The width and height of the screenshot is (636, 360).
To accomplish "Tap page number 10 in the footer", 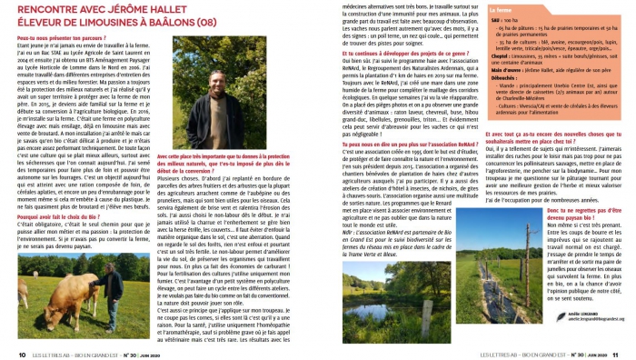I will (22, 355).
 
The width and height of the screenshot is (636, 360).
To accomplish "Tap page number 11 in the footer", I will (614, 355).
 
